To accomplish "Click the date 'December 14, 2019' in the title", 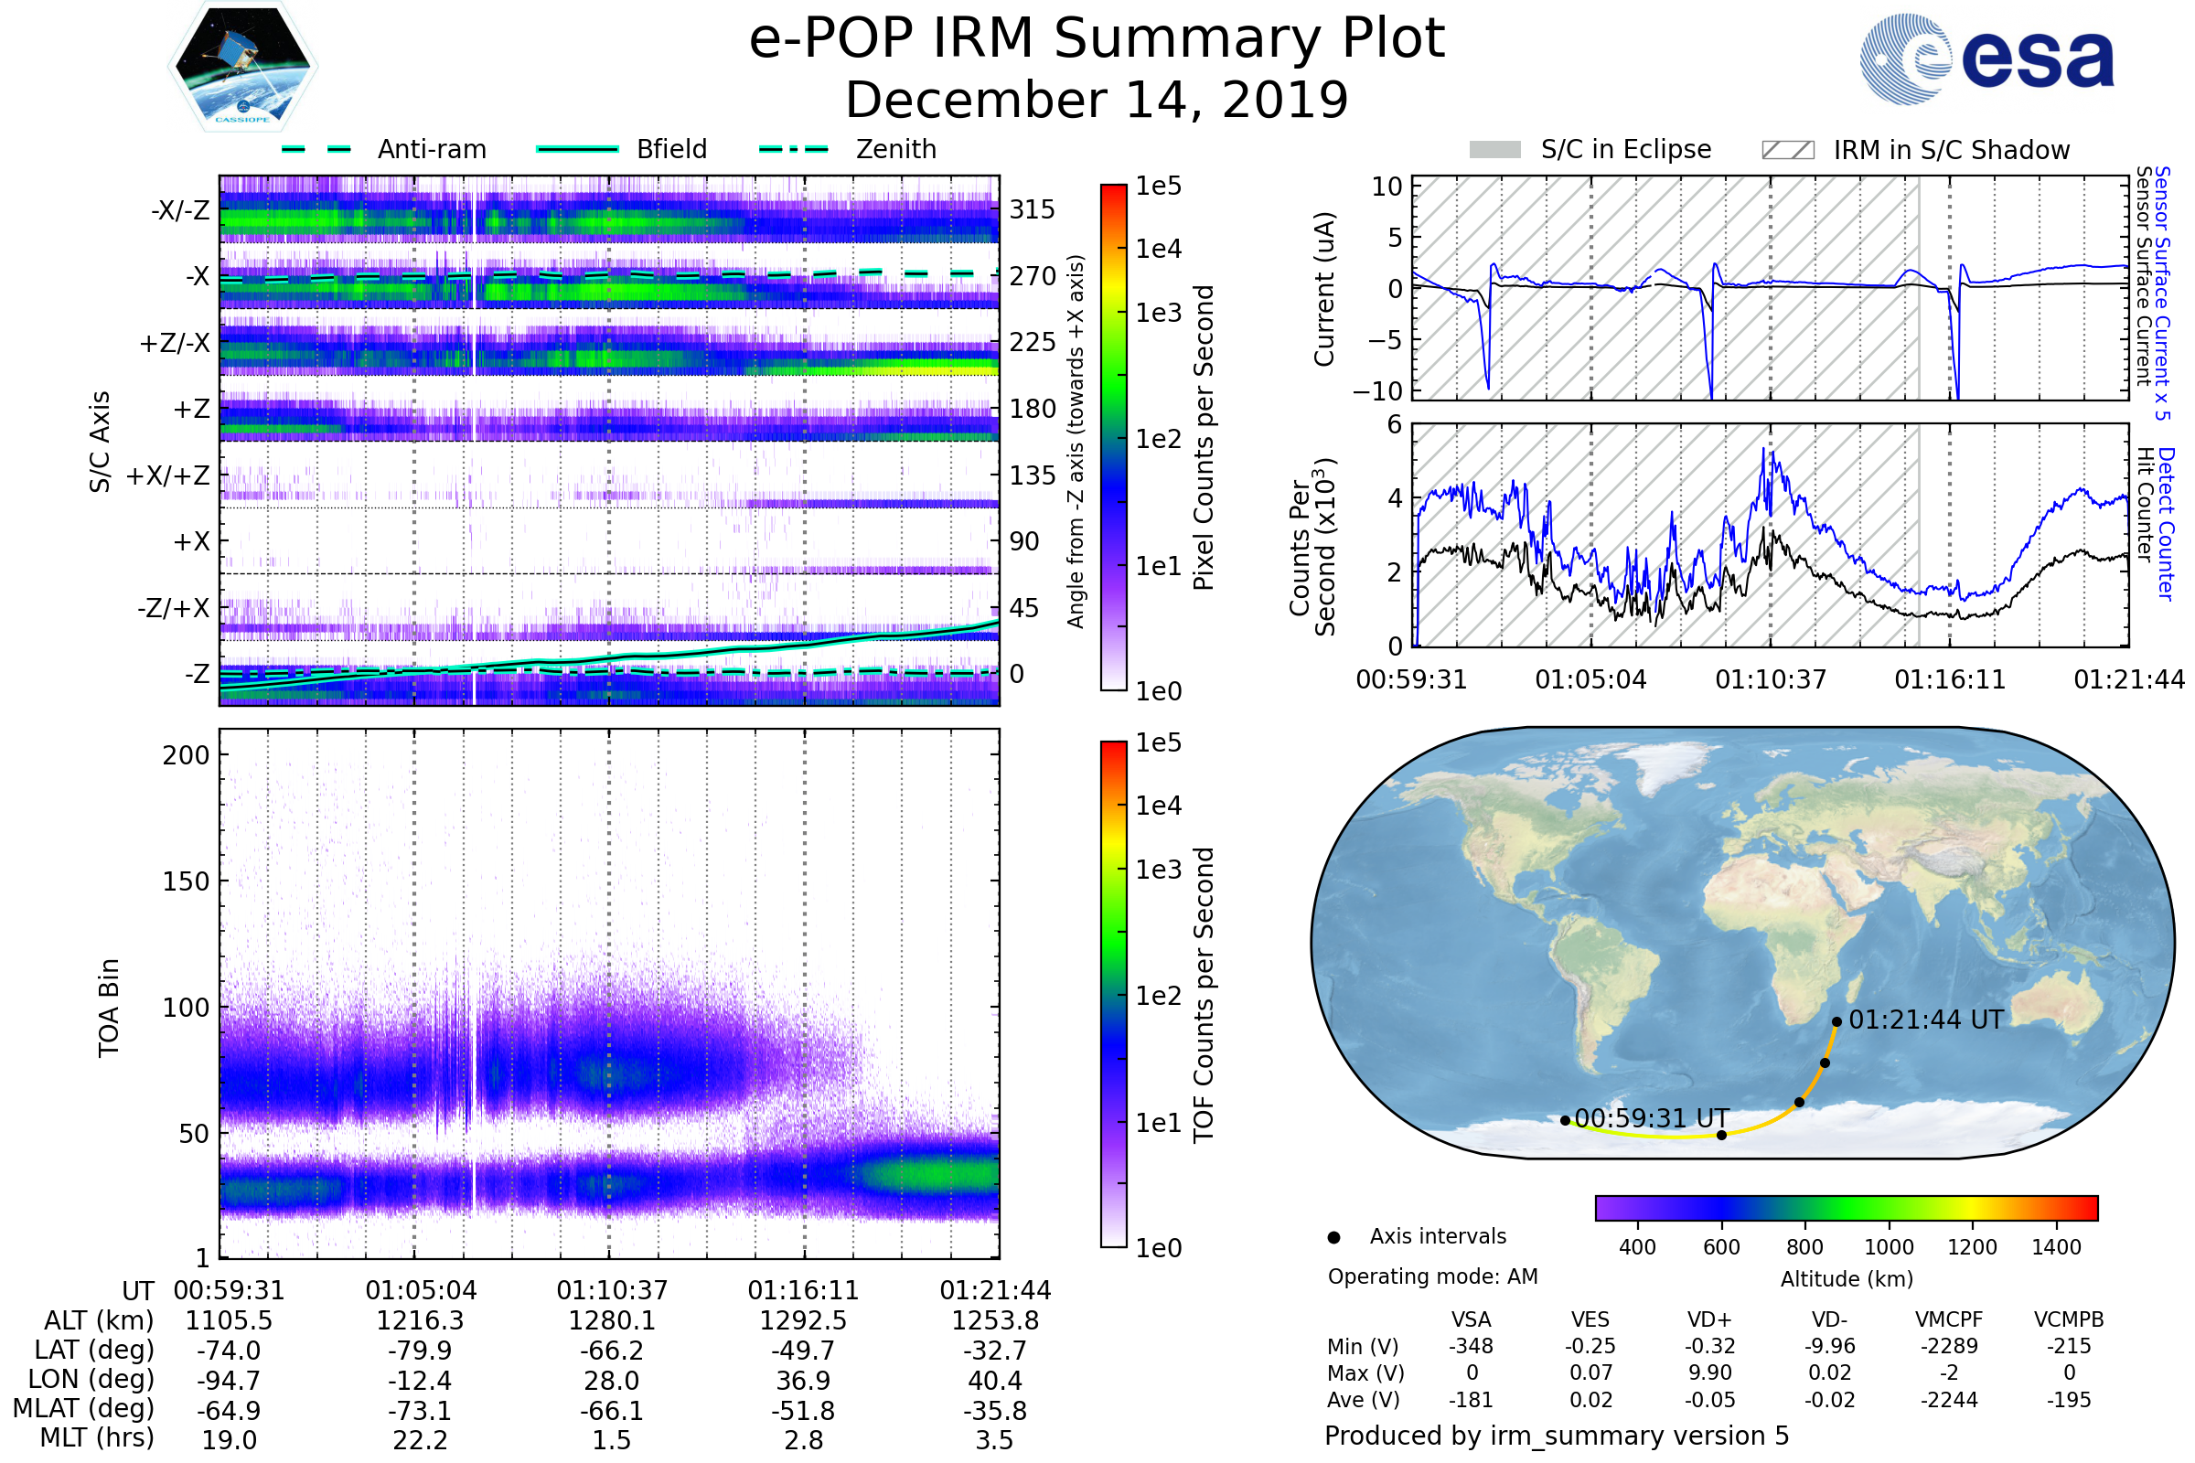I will click(x=1097, y=100).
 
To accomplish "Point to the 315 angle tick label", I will click(x=1032, y=209).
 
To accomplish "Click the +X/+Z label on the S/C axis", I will click(x=168, y=475).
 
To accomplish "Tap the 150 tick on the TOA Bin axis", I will click(x=186, y=881).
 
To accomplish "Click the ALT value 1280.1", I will click(x=611, y=1321).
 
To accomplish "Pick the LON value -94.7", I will click(x=229, y=1380).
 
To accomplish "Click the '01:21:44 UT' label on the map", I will click(x=1925, y=1020).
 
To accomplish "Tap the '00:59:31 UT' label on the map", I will click(x=1651, y=1117).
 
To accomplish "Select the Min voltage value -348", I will click(x=1471, y=1346).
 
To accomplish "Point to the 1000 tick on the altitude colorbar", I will click(x=1888, y=1247).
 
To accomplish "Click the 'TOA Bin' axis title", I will click(x=109, y=1008).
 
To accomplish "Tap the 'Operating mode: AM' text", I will click(x=1432, y=1276).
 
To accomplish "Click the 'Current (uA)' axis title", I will click(x=1324, y=289).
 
